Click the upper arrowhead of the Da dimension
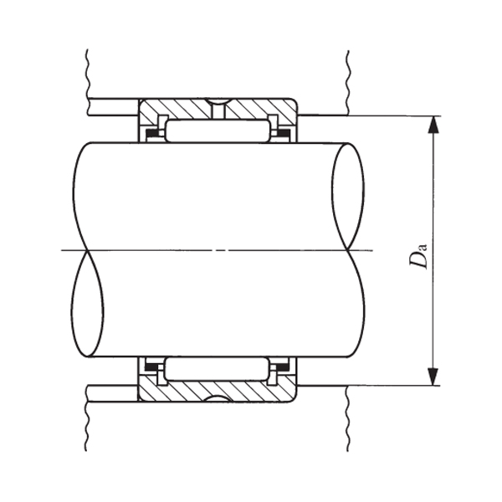433,125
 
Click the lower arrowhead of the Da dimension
433,376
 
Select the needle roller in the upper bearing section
217,130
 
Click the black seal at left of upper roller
151,133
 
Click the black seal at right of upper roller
283,133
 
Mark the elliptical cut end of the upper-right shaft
348,197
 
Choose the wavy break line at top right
346,75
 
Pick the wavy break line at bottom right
346,423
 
